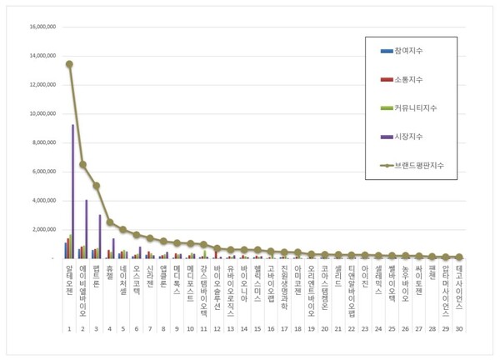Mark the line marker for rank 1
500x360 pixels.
coord(69,64)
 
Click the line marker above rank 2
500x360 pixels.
coord(82,164)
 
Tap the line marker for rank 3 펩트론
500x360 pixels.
coord(97,186)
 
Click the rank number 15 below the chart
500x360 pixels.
coord(257,329)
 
